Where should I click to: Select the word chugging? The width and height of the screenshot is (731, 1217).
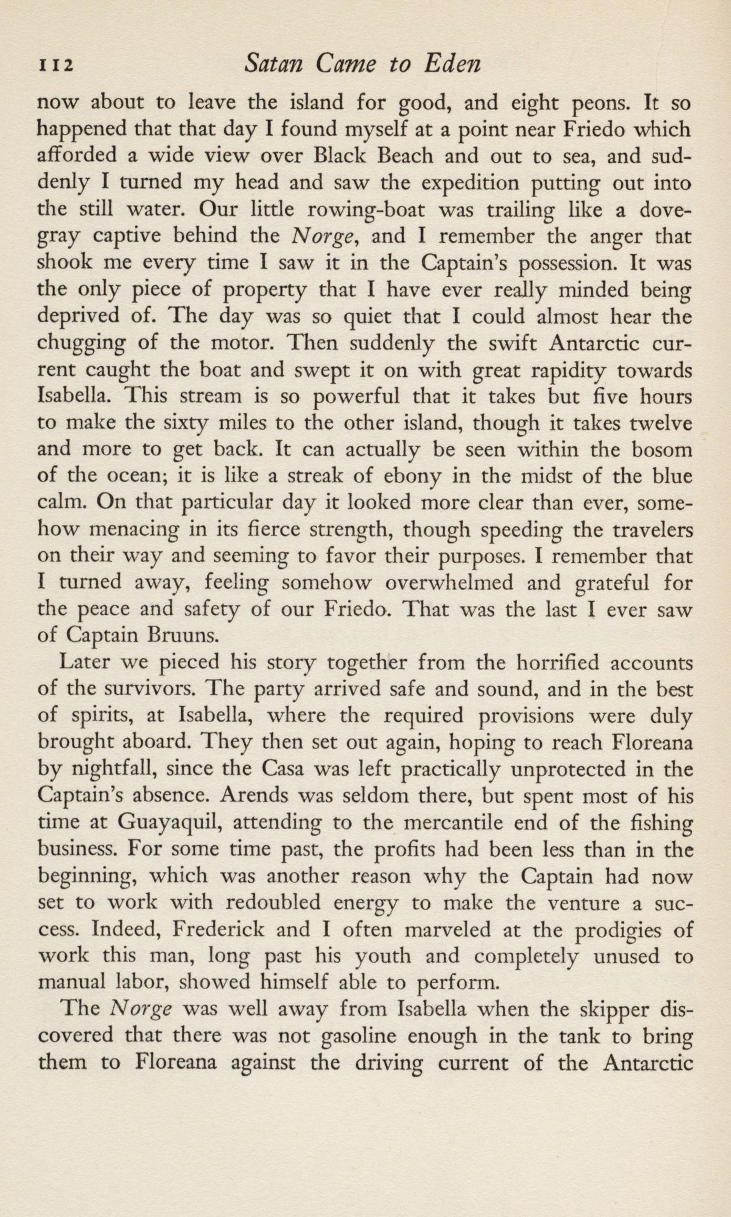81,344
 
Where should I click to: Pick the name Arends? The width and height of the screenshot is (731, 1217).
256,797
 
